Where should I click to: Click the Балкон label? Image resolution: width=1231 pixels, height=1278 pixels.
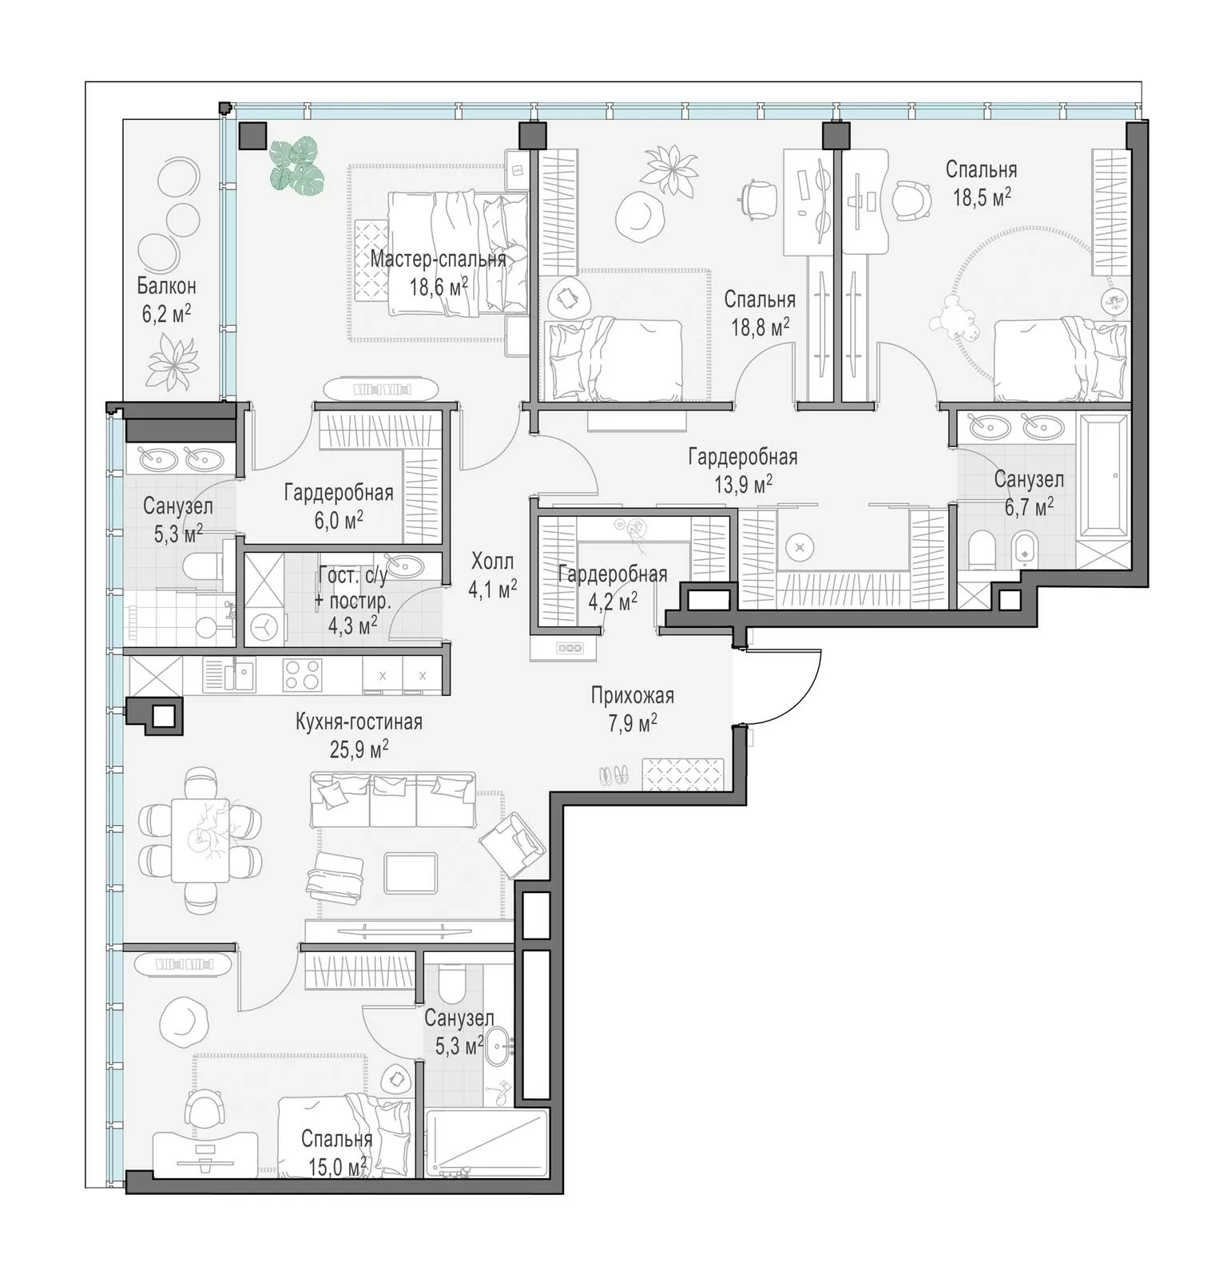point(166,285)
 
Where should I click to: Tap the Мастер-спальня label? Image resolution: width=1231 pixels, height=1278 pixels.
point(438,259)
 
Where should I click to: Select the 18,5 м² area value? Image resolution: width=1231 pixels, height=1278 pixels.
point(982,197)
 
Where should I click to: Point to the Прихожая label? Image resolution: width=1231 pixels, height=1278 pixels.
point(633,695)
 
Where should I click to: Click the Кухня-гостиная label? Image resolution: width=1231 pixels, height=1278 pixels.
point(359,722)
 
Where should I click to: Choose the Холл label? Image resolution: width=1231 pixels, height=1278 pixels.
point(493,561)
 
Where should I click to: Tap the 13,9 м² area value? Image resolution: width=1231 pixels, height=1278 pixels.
point(742,484)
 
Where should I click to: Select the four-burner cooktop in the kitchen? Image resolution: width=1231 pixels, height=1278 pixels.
point(303,673)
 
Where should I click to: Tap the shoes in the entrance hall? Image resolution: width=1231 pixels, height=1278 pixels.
point(614,773)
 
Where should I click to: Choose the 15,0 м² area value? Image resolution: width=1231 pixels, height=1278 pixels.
point(337,1167)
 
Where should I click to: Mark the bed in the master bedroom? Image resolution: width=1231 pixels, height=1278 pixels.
point(458,252)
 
